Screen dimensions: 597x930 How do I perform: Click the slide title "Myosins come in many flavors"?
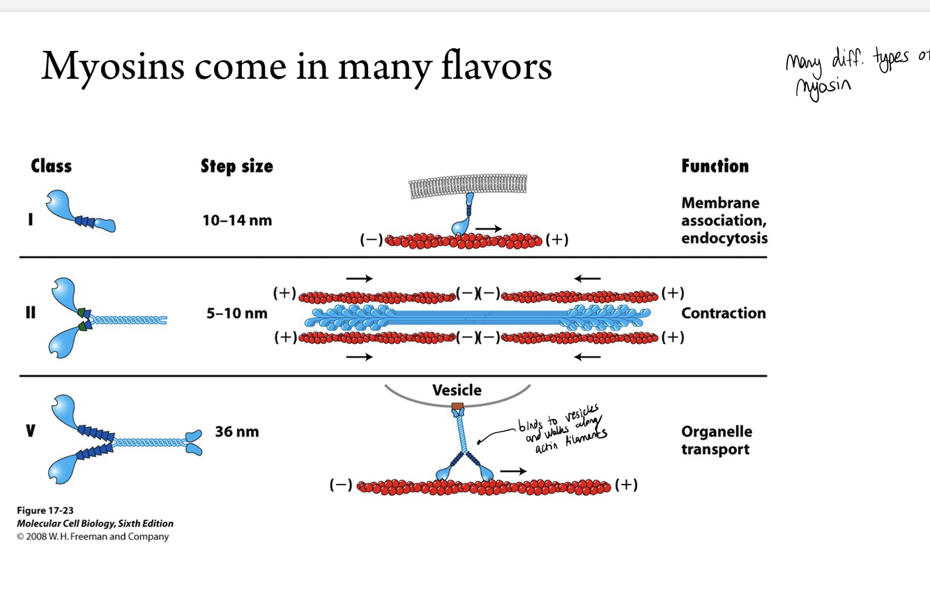(x=296, y=66)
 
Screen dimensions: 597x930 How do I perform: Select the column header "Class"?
(x=51, y=166)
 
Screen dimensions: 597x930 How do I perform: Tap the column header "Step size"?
(x=236, y=166)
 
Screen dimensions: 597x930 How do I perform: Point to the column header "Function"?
(x=715, y=166)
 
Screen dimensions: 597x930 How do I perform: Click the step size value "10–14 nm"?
(x=237, y=220)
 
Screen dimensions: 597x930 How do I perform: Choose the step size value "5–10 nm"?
(x=236, y=313)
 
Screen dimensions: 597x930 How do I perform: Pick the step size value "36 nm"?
(x=236, y=432)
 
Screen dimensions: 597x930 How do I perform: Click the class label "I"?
(x=30, y=220)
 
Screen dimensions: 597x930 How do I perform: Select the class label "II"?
(x=30, y=313)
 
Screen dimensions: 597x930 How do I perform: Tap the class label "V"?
(x=30, y=432)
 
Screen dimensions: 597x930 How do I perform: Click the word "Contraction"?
(x=723, y=313)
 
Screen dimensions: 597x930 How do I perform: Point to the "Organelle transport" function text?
(x=716, y=440)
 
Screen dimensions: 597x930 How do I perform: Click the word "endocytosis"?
(x=724, y=239)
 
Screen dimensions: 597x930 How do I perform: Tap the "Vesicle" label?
(x=457, y=390)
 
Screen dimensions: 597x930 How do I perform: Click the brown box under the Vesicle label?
(x=457, y=406)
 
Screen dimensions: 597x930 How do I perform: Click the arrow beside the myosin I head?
(x=488, y=228)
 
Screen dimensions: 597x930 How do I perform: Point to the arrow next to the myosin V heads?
(x=513, y=471)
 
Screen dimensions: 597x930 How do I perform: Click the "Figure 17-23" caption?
(x=45, y=511)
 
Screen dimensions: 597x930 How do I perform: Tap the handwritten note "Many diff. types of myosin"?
(x=854, y=73)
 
